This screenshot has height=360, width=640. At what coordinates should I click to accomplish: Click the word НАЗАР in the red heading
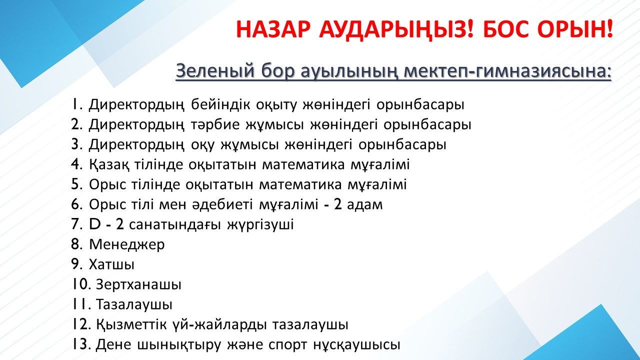[x=273, y=29]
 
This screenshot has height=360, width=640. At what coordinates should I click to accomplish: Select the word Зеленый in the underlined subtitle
[x=215, y=71]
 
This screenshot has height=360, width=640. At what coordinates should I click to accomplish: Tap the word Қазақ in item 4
[x=108, y=164]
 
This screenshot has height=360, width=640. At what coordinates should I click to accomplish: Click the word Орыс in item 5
[x=107, y=184]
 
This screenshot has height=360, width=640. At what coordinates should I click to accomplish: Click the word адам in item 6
[x=364, y=205]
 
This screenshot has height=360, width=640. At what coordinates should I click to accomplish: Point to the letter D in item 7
[x=95, y=224]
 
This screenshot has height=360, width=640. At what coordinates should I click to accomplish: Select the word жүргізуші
[x=260, y=225]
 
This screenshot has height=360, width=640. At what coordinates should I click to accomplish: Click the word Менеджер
[x=127, y=245]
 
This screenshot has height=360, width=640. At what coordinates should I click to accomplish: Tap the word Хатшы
[x=111, y=264]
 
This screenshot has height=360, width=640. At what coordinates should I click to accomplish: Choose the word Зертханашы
[x=138, y=285]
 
